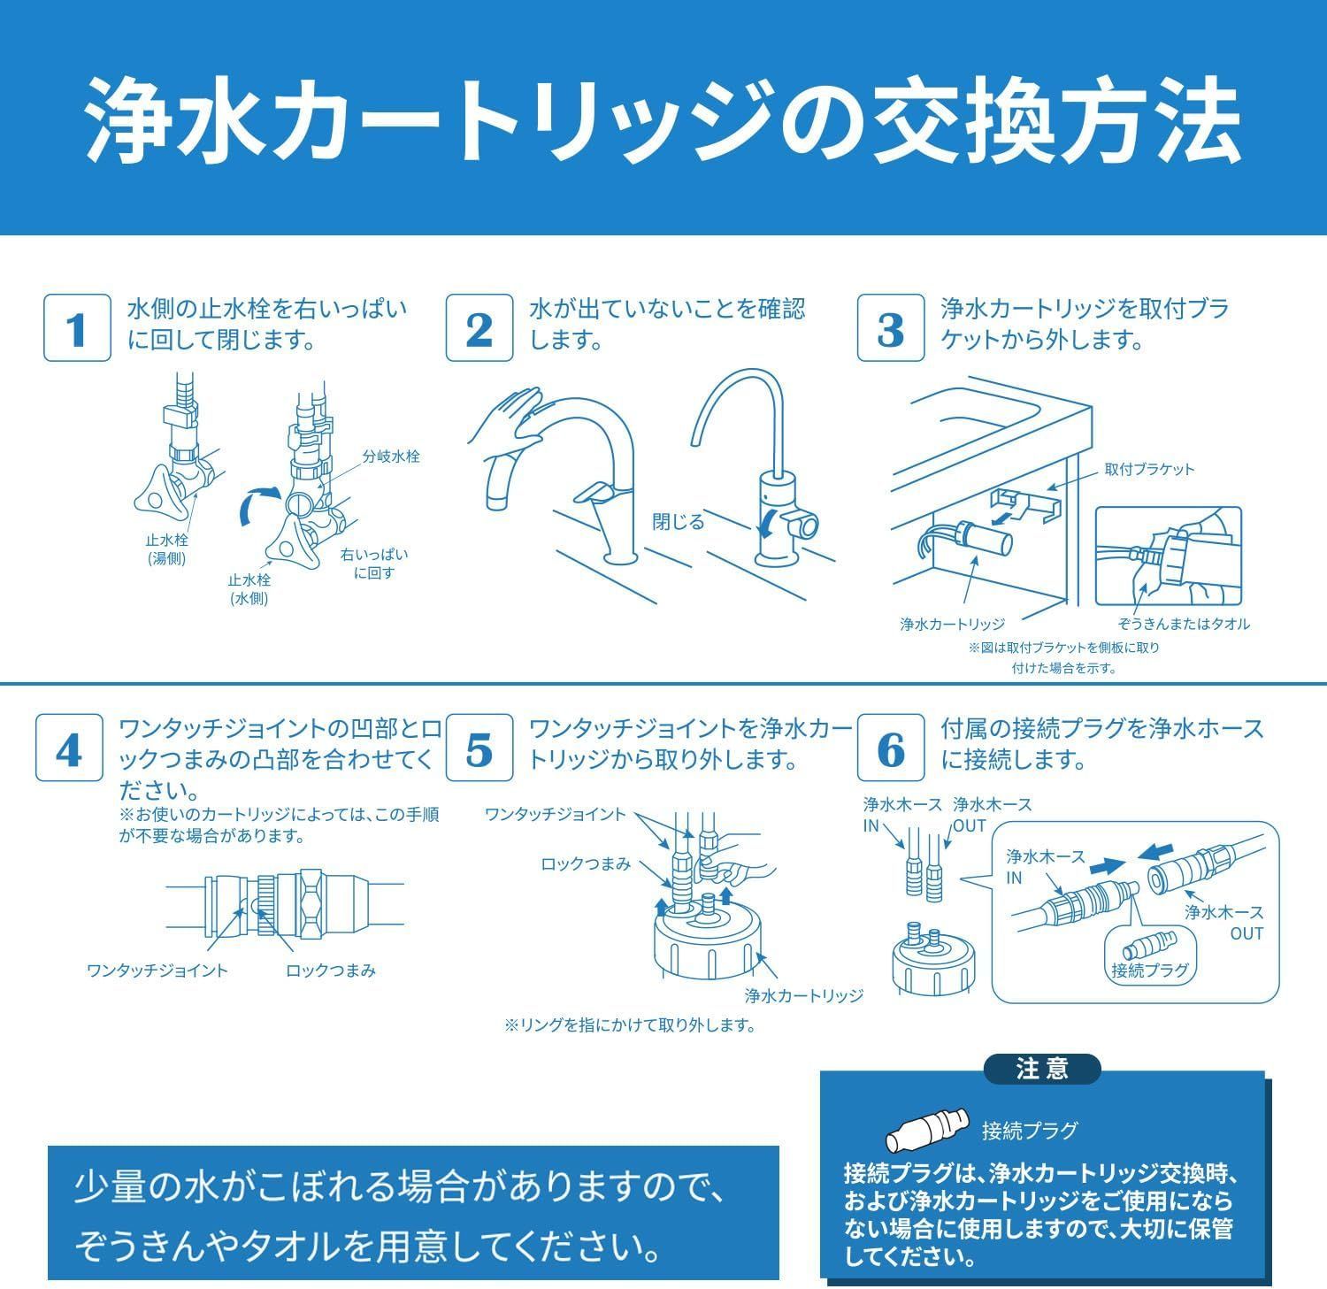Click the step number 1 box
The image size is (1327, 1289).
pyautogui.click(x=78, y=328)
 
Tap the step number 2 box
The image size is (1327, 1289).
pyautogui.click(x=479, y=328)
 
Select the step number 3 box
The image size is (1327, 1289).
pyautogui.click(x=891, y=328)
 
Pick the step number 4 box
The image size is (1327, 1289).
pyautogui.click(x=70, y=748)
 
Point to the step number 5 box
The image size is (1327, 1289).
pyautogui.click(x=479, y=748)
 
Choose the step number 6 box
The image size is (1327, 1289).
pyautogui.click(x=891, y=748)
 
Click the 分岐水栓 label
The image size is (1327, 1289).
pyautogui.click(x=391, y=457)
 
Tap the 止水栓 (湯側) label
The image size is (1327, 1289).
pyautogui.click(x=166, y=549)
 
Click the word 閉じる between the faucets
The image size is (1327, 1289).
pyautogui.click(x=679, y=522)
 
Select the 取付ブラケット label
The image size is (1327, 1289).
pyautogui.click(x=1149, y=469)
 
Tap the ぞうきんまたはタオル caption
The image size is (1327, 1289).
pyautogui.click(x=1184, y=624)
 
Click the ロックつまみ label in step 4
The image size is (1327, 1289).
pyautogui.click(x=331, y=971)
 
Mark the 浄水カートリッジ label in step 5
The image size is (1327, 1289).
pyautogui.click(x=803, y=995)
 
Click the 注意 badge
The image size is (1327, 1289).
pyautogui.click(x=1042, y=1069)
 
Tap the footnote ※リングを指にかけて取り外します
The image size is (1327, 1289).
pyautogui.click(x=630, y=1025)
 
